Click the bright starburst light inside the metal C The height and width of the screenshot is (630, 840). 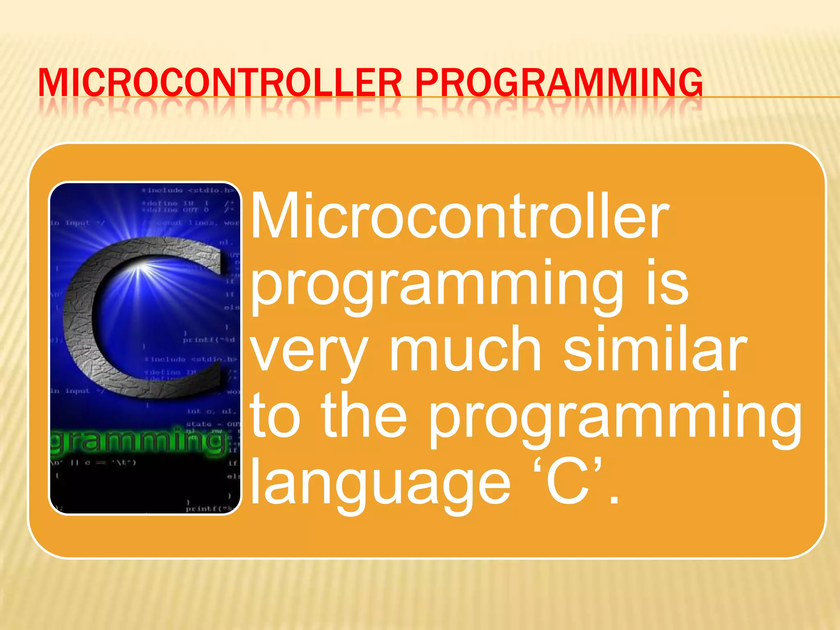142,269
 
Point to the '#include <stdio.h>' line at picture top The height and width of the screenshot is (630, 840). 187,190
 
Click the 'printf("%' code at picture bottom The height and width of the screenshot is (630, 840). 209,509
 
